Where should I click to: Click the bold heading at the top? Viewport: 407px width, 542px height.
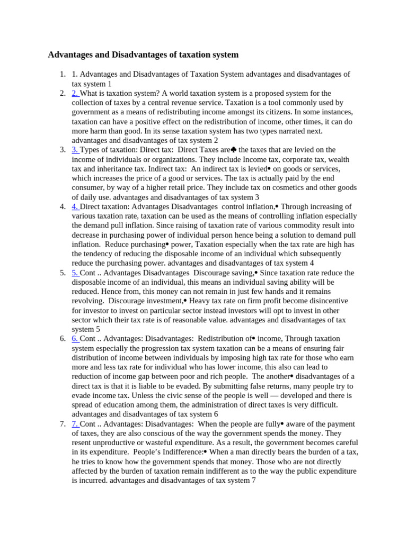143,55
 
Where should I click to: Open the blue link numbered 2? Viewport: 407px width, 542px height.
75,93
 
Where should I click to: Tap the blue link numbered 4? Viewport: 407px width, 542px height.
75,206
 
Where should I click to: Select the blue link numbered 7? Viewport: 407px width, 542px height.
75,424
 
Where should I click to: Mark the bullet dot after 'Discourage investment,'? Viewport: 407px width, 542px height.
185,301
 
